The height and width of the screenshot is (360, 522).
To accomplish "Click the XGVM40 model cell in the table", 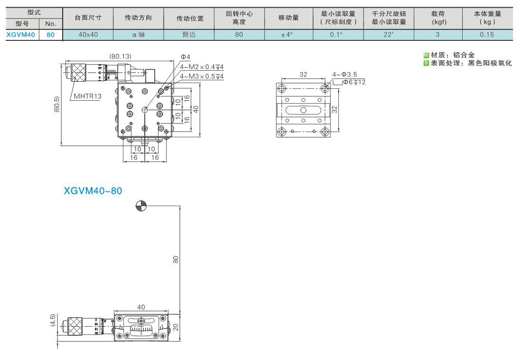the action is click(20, 35).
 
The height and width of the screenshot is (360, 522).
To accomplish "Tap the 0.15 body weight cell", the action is click(487, 35).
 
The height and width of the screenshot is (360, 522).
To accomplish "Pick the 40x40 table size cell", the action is click(88, 35).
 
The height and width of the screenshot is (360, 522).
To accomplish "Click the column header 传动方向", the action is click(138, 18).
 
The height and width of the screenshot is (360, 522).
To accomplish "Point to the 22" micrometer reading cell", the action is click(389, 35).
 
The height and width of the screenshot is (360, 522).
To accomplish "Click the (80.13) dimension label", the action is click(121, 57).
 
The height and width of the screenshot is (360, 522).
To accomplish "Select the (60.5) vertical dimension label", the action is click(56, 104).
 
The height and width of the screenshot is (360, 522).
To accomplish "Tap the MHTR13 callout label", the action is click(88, 96).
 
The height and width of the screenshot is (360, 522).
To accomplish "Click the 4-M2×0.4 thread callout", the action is click(202, 67).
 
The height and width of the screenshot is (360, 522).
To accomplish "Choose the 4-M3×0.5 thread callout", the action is click(202, 76).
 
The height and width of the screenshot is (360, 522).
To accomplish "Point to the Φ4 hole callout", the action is click(186, 57).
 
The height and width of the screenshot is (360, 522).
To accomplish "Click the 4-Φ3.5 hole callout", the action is click(345, 75).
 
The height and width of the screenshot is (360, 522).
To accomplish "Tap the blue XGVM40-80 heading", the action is click(93, 191).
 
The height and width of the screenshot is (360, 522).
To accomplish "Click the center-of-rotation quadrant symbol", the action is click(141, 206).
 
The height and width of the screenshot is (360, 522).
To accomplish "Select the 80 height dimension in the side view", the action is click(176, 260).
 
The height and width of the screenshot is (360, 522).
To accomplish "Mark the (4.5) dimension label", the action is click(53, 320).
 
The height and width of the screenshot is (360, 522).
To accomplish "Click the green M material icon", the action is click(426, 56).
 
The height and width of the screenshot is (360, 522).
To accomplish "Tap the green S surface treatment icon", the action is click(426, 63).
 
